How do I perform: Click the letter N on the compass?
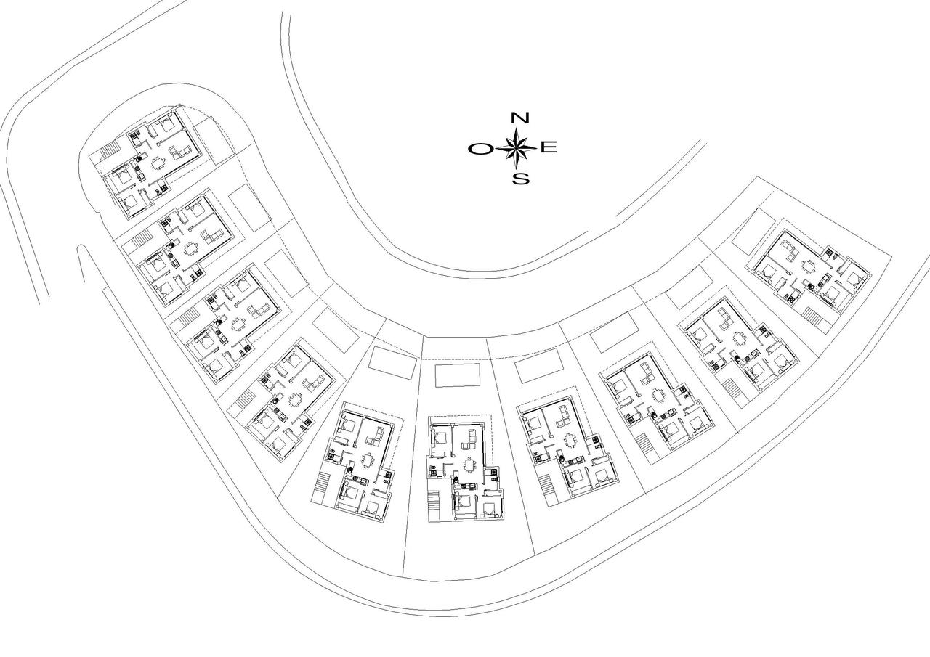click(519, 118)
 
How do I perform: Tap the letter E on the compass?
click(549, 147)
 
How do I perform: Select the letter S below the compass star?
click(520, 179)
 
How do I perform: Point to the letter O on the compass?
click(481, 149)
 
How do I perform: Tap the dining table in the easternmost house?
click(808, 265)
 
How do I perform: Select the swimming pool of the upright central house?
click(458, 375)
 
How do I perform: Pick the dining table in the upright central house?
click(469, 465)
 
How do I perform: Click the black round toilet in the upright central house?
click(455, 481)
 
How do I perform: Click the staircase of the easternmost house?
click(812, 317)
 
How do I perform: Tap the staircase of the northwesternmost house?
click(110, 150)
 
